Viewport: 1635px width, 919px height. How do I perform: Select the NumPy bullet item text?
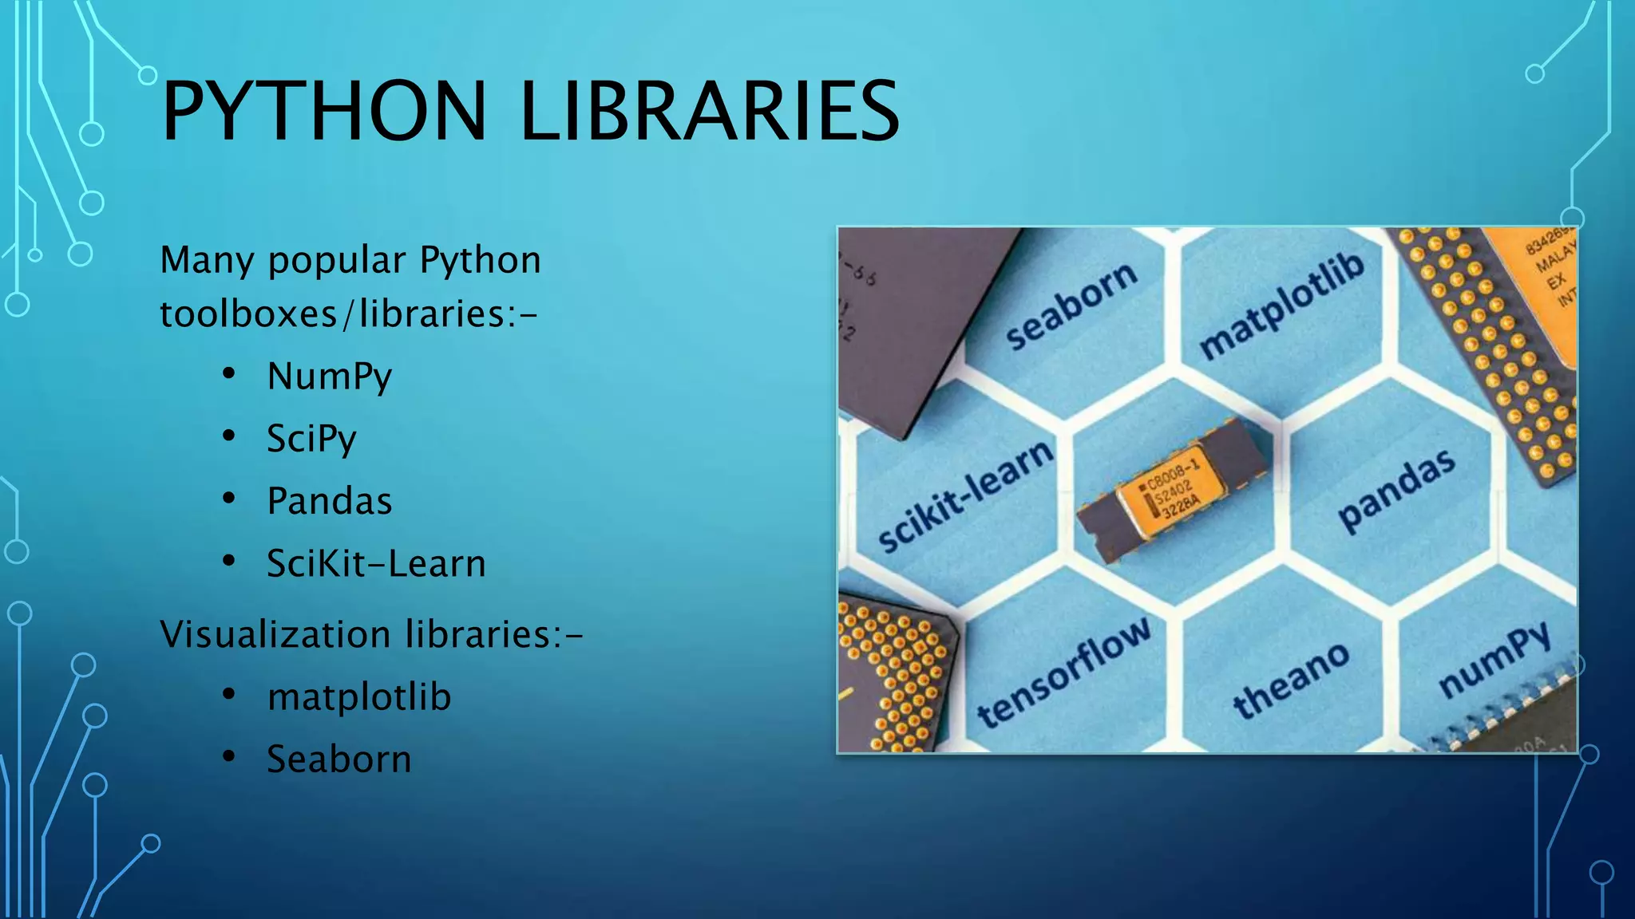[329, 377]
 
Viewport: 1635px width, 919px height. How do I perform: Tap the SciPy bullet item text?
[311, 439]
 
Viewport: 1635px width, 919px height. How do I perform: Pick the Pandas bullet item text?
[329, 501]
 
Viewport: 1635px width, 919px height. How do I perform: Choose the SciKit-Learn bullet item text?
[376, 564]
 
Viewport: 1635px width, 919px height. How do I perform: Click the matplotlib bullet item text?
[359, 696]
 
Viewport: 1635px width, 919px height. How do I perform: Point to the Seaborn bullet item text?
[338, 759]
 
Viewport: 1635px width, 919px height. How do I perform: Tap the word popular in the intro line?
[337, 260]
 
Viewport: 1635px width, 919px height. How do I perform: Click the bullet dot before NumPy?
[229, 373]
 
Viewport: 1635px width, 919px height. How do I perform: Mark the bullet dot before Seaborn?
[229, 755]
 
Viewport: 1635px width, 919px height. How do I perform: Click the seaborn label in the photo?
[1071, 305]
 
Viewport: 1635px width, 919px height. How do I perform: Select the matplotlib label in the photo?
[1281, 306]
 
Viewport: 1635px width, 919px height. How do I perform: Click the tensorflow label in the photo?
[1064, 672]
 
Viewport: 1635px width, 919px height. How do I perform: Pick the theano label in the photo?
[1291, 680]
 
